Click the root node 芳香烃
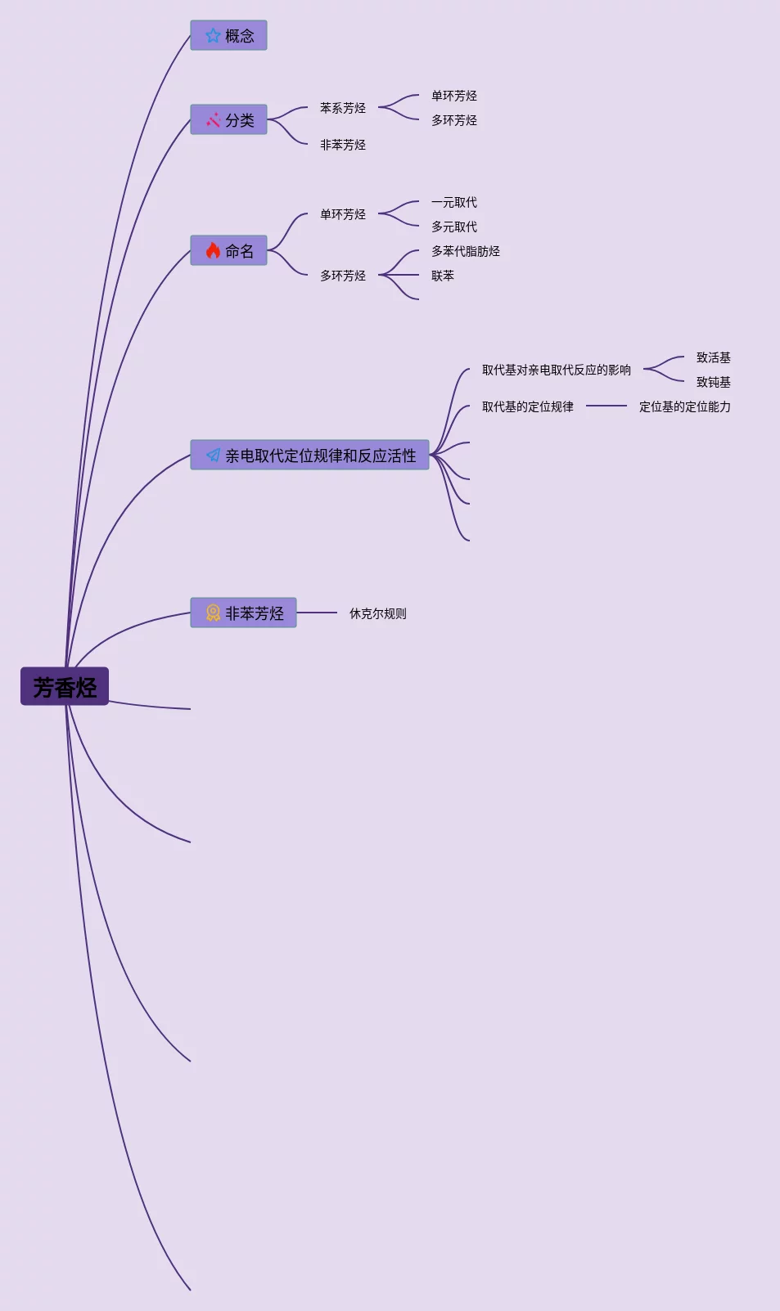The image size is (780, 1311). coord(65,686)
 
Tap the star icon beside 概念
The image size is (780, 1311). coord(213,35)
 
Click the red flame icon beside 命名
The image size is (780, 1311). coord(213,250)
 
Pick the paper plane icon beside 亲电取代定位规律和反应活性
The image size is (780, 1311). coord(213,455)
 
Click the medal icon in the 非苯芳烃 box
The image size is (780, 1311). coord(213,613)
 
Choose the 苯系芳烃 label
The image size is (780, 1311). coord(343,108)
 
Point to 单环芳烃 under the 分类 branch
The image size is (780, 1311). coord(454,96)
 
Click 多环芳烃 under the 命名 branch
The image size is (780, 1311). coord(343,276)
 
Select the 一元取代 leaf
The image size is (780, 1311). coord(454,202)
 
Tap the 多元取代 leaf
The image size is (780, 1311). coord(454,227)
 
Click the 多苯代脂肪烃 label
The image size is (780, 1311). coord(466,251)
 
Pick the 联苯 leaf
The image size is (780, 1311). coord(443,276)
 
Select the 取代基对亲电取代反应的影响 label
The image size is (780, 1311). coord(557,370)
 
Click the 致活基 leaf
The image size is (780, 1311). coord(714,357)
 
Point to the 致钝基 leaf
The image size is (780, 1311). coord(714,382)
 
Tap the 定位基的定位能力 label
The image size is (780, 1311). coord(685,406)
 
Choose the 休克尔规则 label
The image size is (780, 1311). coord(378,613)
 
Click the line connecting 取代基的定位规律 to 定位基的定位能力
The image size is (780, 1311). coord(606,406)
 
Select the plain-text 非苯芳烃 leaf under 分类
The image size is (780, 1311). coord(343,145)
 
